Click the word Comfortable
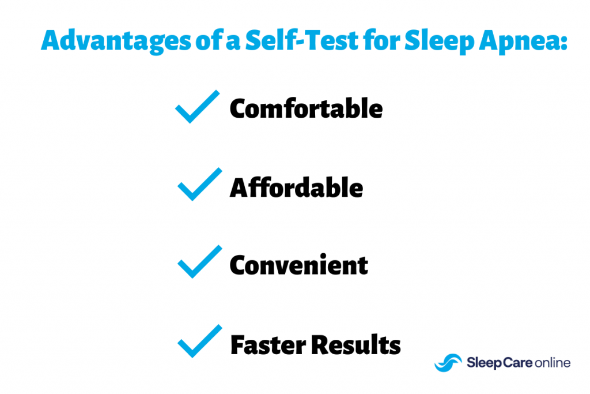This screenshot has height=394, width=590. [306, 109]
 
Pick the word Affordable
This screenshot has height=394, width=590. [296, 188]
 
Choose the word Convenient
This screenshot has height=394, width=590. [298, 265]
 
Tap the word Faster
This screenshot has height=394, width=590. [268, 345]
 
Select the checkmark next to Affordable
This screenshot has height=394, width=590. [199, 185]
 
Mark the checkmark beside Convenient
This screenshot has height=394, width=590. [199, 262]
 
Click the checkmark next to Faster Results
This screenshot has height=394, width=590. [199, 342]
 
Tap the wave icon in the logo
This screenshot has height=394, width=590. [448, 362]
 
